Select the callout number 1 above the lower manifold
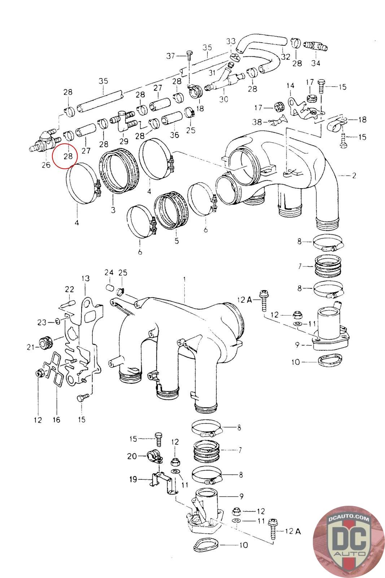pos(184,279)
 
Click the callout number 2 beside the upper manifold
pos(354,176)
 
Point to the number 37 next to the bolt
pos(171,56)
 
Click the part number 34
pos(316,63)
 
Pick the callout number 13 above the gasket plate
pos(85,279)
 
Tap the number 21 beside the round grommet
pos(30,347)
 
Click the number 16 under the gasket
pos(57,420)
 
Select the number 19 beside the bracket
pos(133,479)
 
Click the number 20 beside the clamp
pos(132,456)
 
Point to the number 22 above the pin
pos(69,289)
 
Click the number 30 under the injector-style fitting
pos(223,99)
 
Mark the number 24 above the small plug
pos(109,272)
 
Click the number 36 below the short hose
pos(175,135)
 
